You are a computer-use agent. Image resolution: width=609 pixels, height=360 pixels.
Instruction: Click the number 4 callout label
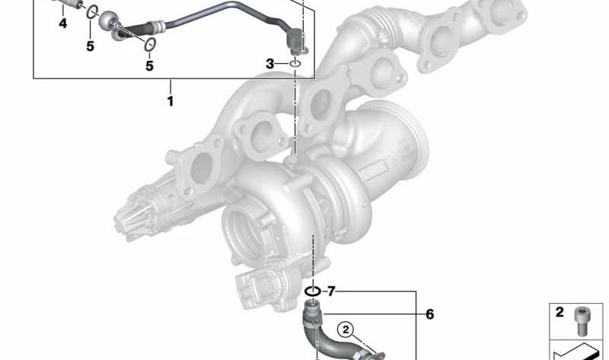[x=63, y=24]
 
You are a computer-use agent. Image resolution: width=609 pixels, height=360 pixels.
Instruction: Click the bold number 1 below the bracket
[x=171, y=100]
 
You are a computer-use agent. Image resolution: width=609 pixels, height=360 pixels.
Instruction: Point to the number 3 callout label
[x=269, y=64]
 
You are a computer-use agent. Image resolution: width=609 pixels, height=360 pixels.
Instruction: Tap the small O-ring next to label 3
[x=295, y=64]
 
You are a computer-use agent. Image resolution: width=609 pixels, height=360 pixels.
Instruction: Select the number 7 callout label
[x=330, y=291]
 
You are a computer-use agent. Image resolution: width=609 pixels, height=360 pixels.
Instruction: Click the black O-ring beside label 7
[x=312, y=291]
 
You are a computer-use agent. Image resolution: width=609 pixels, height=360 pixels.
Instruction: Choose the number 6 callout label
[x=429, y=314]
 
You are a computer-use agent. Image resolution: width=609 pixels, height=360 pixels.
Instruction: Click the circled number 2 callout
[x=346, y=330]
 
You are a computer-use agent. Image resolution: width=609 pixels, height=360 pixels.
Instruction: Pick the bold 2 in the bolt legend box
[x=560, y=313]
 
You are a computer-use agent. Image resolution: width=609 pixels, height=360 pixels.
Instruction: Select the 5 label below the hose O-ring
[x=149, y=66]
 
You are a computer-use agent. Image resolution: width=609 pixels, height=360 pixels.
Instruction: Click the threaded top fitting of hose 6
[x=312, y=311]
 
